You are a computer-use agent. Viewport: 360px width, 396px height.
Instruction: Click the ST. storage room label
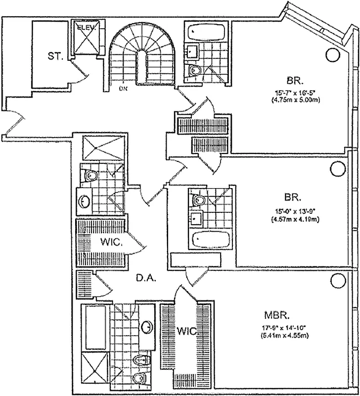55,56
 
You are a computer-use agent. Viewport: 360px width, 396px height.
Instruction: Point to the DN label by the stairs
122,90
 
